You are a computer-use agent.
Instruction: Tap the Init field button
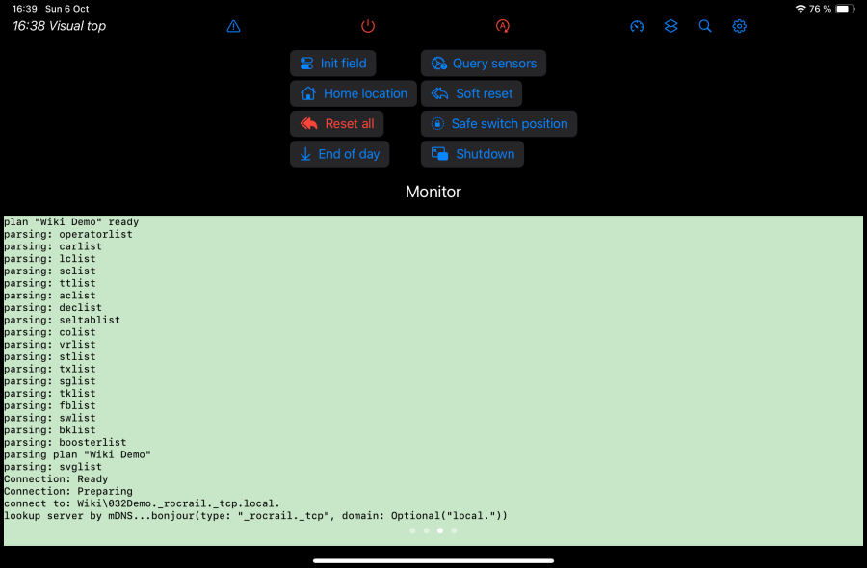[x=333, y=63]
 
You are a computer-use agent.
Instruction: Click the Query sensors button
[x=484, y=63]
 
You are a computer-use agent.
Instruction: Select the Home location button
[x=354, y=93]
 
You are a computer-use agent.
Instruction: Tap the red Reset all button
[x=337, y=124]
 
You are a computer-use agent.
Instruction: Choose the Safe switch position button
[x=499, y=124]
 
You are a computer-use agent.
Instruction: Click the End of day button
[x=339, y=154]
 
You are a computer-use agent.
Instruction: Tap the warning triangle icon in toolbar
[x=233, y=26]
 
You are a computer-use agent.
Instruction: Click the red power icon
[x=368, y=26]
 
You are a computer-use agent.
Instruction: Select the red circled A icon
[x=503, y=26]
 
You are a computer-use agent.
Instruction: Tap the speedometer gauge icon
[x=637, y=26]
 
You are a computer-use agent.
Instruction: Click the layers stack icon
[x=670, y=26]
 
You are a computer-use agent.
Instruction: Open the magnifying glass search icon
[x=705, y=26]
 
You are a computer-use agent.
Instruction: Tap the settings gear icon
[x=739, y=26]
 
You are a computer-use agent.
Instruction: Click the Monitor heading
[x=433, y=192]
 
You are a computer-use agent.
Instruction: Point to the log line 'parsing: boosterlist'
[x=66, y=442]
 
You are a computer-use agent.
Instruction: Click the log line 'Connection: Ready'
[x=56, y=479]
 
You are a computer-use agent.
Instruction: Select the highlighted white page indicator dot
[x=440, y=530]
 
